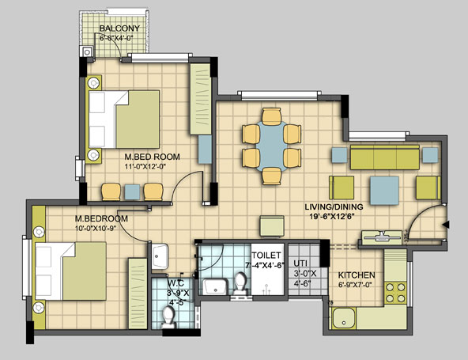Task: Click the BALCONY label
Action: [119, 28]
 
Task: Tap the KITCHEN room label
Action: [357, 275]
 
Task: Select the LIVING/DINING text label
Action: [334, 207]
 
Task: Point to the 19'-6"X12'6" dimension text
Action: [331, 217]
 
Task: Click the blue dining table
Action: [272, 146]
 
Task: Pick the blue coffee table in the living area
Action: [384, 191]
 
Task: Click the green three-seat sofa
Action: [385, 157]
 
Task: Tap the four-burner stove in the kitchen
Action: [395, 293]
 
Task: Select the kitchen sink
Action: [344, 318]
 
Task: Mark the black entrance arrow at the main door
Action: [446, 225]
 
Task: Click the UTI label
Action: [300, 263]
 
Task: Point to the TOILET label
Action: [266, 256]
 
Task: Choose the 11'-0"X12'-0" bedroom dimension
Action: [145, 166]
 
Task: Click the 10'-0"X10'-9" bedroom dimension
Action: [96, 228]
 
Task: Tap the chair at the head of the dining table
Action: [272, 116]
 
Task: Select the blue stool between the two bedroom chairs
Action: [132, 192]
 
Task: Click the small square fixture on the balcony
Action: [87, 52]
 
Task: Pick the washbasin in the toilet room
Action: [215, 286]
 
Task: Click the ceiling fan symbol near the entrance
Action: [381, 236]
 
